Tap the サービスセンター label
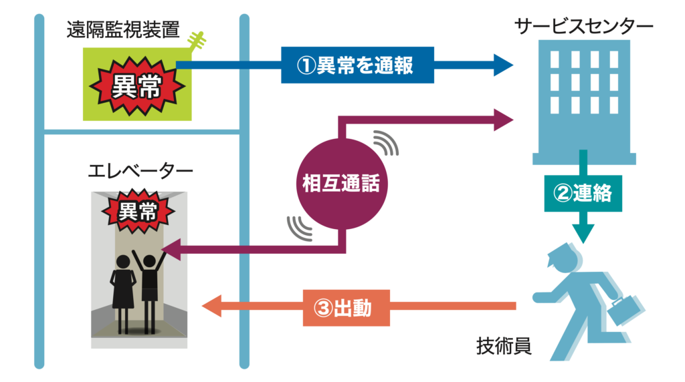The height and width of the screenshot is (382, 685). (583, 26)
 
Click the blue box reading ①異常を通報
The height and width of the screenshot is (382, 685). (357, 65)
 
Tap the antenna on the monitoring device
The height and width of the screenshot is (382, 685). (197, 43)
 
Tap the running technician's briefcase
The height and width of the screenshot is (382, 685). (624, 309)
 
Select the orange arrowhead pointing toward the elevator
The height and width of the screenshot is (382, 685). (212, 307)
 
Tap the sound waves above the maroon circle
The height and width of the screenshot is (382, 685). (385, 142)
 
